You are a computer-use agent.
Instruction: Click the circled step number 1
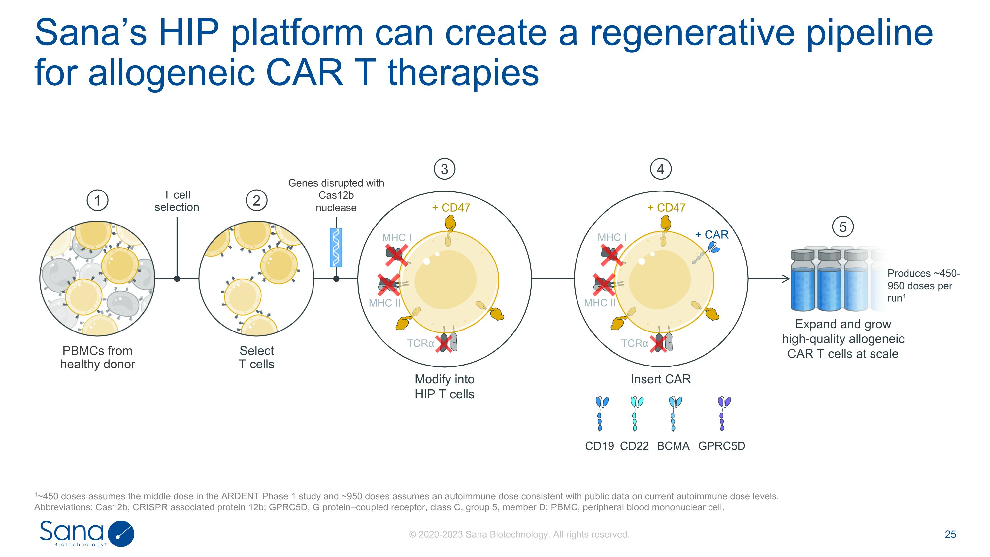click(x=97, y=200)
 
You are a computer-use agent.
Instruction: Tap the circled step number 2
click(x=256, y=200)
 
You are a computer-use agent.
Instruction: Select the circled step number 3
click(x=444, y=169)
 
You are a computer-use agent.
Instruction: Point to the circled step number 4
click(x=660, y=169)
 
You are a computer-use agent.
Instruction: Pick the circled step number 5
click(x=842, y=227)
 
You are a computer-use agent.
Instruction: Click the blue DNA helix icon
click(x=336, y=248)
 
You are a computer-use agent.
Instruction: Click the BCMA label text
click(x=673, y=446)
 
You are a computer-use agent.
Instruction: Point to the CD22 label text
click(x=634, y=446)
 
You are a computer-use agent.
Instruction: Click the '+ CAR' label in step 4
click(x=711, y=234)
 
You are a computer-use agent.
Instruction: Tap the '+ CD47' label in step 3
click(x=451, y=208)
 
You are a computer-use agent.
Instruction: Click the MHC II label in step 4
click(x=600, y=303)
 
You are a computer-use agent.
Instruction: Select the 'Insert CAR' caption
click(x=660, y=379)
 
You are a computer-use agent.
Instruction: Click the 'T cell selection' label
click(x=177, y=201)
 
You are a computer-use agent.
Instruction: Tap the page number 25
click(x=950, y=534)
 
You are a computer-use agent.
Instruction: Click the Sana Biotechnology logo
click(x=87, y=533)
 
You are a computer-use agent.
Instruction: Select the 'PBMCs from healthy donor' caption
click(x=98, y=357)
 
